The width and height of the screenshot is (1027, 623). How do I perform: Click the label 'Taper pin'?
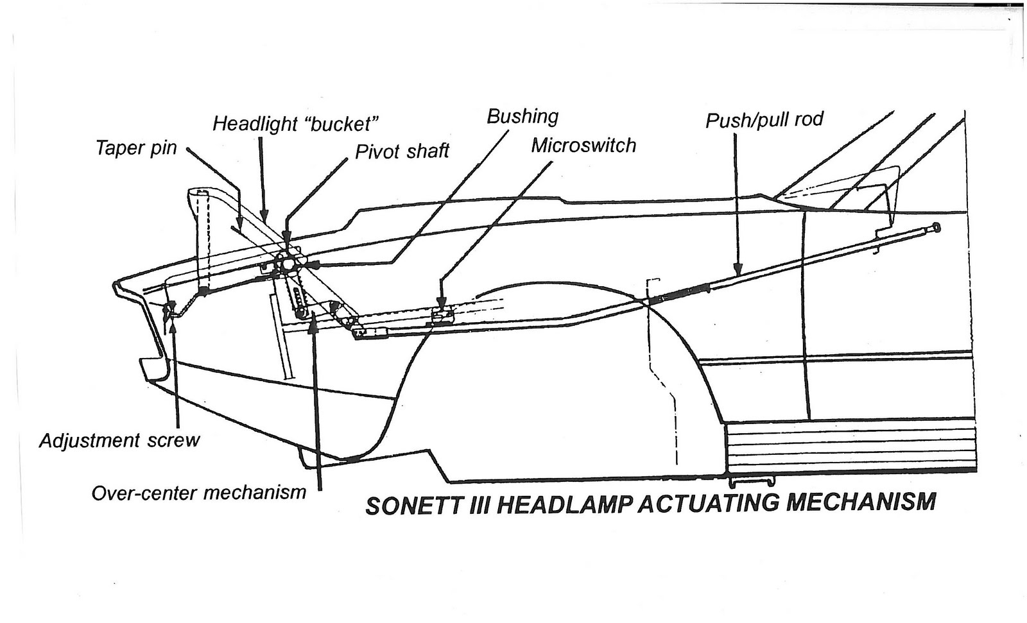(x=136, y=148)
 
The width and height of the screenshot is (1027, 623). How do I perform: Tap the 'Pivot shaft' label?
(x=402, y=151)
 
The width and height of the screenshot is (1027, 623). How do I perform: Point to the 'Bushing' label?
(x=522, y=116)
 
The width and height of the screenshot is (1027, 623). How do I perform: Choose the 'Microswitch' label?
(x=583, y=146)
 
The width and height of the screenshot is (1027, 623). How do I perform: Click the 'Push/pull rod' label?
(x=764, y=120)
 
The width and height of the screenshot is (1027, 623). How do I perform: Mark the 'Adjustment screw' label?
(x=119, y=441)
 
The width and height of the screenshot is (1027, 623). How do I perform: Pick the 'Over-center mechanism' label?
(x=199, y=493)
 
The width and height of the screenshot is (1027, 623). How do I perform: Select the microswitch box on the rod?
(x=442, y=313)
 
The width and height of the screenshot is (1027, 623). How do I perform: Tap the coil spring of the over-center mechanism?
(x=297, y=300)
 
